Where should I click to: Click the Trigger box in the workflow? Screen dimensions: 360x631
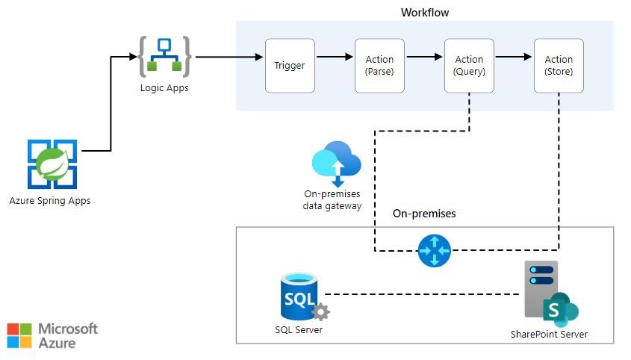289,66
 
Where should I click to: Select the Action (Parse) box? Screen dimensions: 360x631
379,66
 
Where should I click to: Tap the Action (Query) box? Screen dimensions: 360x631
469,66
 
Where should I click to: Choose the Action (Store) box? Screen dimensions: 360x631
559,66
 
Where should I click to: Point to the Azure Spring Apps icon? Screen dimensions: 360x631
52,164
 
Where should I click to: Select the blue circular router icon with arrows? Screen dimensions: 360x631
434,250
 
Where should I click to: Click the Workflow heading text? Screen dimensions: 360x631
425,13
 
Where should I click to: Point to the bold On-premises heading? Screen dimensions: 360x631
424,214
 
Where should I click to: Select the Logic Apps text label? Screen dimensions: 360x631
164,88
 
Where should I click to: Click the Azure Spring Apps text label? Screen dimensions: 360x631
50,200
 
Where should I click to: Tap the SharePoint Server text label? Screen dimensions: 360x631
549,334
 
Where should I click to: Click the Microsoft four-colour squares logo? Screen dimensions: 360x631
19,335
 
